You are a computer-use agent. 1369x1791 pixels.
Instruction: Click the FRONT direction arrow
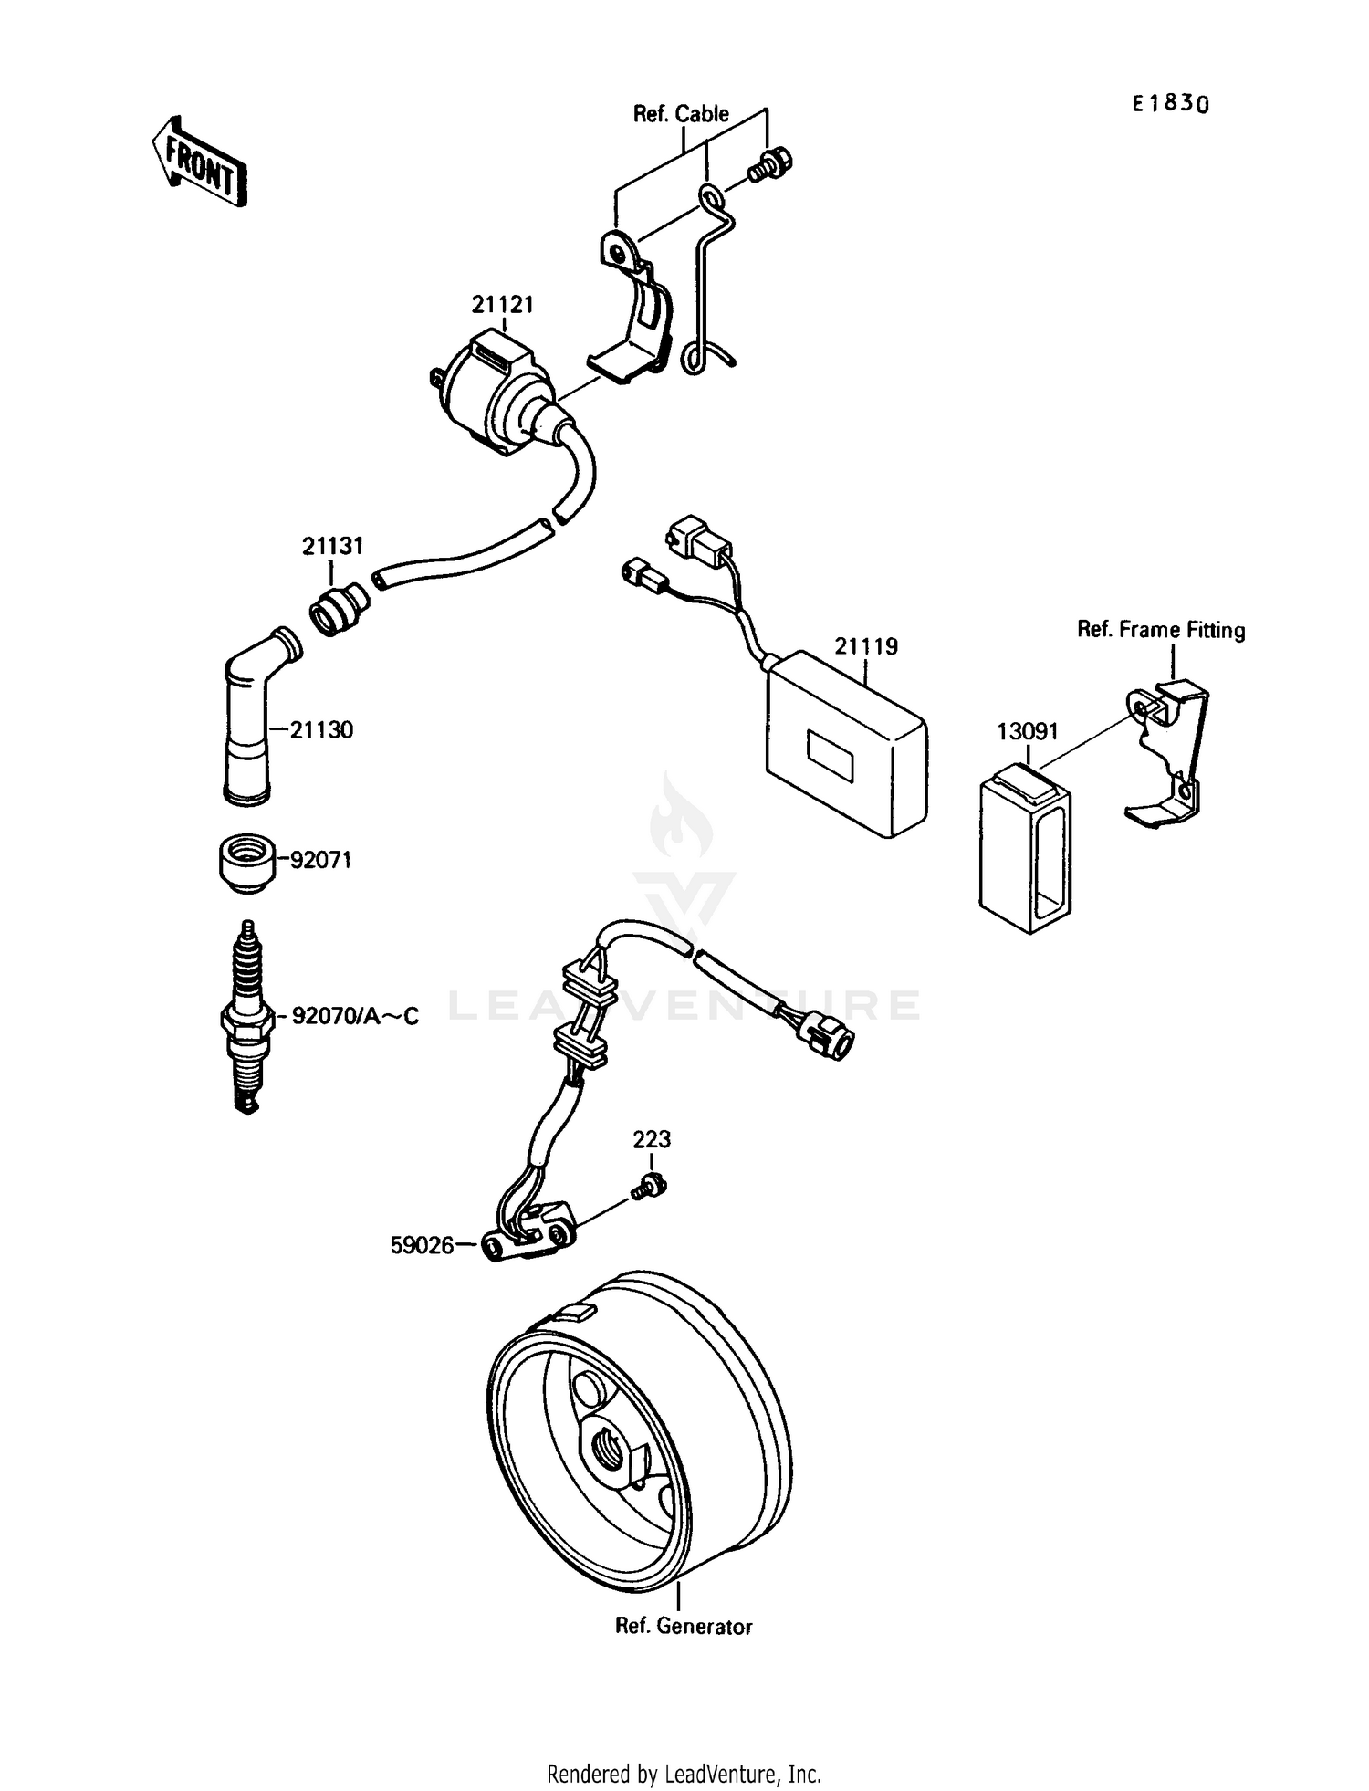point(199,161)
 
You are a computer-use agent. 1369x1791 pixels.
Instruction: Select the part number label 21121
point(502,304)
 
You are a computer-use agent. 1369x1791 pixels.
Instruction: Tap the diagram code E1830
point(1171,103)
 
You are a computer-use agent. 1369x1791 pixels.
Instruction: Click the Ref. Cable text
point(681,114)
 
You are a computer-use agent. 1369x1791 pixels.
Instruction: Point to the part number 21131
point(332,546)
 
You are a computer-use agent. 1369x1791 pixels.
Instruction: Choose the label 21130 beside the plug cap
point(321,729)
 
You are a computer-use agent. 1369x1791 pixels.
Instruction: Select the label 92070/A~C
point(355,1015)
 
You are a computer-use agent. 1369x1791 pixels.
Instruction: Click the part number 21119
point(865,646)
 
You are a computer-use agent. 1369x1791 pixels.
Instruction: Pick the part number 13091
point(1027,731)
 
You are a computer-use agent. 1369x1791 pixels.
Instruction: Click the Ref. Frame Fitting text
point(1161,630)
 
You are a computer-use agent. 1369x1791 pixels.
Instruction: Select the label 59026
point(422,1245)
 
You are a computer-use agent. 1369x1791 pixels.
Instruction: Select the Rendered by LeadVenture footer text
point(684,1774)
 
